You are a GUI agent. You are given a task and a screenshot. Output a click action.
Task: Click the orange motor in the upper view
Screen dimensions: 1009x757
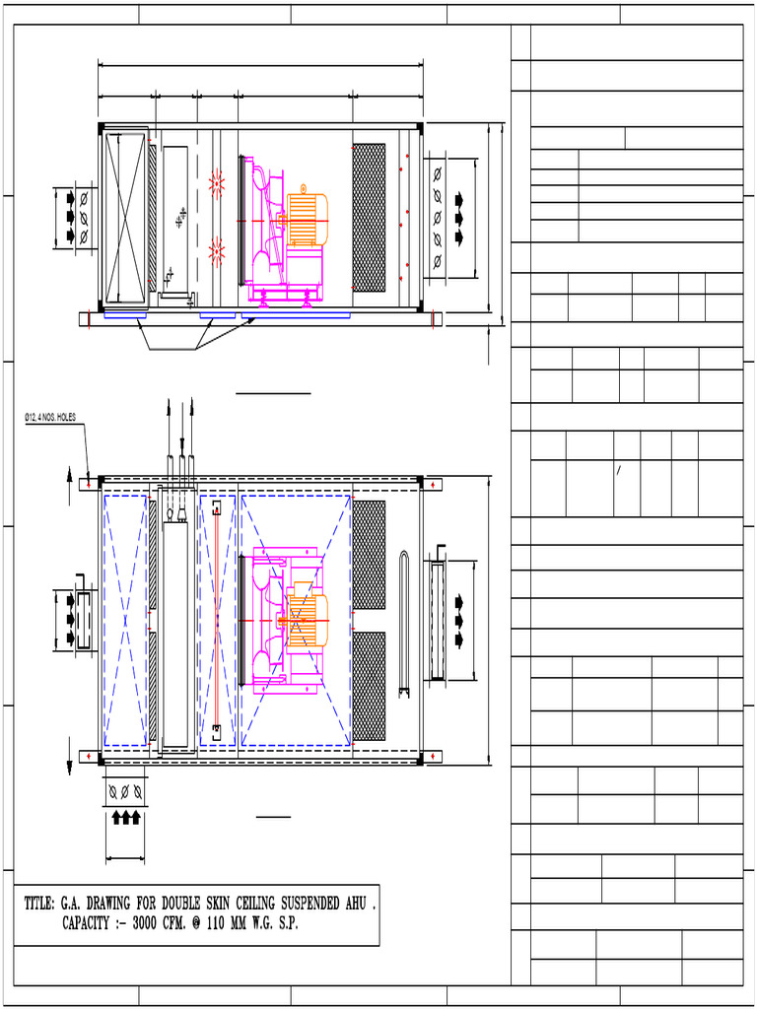pos(307,219)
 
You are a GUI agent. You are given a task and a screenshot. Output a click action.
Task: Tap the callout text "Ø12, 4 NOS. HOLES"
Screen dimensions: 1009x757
pos(50,418)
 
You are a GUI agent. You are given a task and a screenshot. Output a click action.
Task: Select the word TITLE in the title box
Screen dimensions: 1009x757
pos(39,903)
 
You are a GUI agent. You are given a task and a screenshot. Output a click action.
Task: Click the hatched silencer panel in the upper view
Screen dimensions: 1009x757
pos(369,218)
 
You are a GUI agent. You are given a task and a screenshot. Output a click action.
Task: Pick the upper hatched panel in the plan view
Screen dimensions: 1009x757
pos(369,555)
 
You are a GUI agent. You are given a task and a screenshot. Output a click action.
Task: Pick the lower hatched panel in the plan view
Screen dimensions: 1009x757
pos(369,686)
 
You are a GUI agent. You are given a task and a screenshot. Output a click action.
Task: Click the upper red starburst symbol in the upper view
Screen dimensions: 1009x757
pos(217,182)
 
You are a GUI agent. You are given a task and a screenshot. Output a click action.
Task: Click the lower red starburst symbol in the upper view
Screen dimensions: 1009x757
pos(217,254)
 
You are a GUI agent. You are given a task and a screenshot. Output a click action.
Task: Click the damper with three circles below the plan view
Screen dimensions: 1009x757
pos(125,791)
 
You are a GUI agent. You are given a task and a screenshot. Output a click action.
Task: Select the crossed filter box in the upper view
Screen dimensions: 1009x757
pos(126,217)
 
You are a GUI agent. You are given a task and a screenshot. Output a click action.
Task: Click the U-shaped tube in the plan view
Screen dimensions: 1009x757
pos(404,625)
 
